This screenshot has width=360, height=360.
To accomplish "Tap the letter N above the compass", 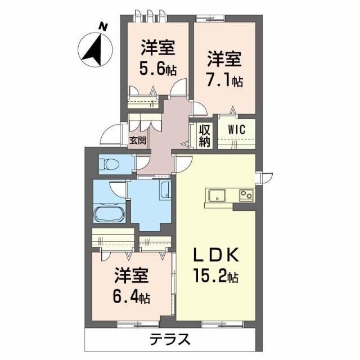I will point(102,25).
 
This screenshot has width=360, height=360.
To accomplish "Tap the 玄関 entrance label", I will point(137,141).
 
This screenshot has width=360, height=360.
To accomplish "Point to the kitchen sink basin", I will point(217,196).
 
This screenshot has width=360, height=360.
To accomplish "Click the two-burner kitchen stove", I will point(246,196).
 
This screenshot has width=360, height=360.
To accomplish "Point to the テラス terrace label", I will point(169,340).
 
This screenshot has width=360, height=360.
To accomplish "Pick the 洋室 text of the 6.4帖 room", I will point(132,276).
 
